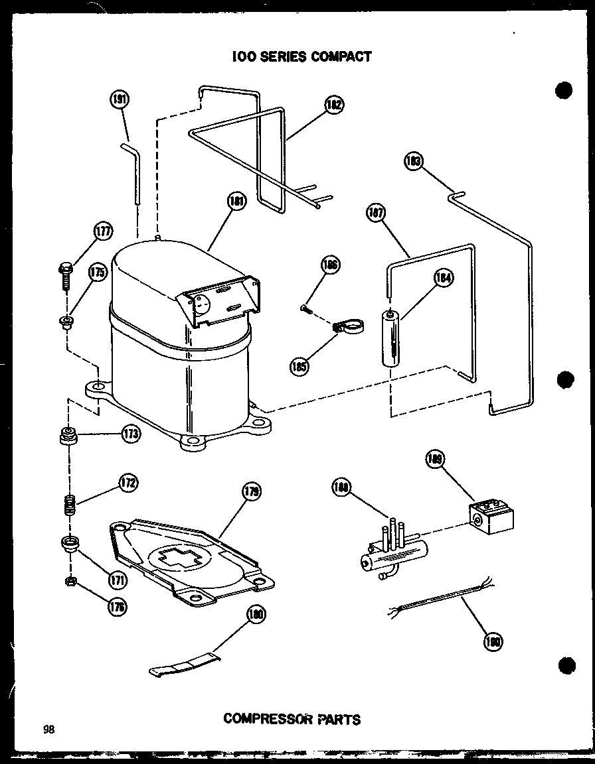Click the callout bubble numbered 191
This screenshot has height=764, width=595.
(x=120, y=100)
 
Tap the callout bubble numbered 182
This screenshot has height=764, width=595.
(x=334, y=104)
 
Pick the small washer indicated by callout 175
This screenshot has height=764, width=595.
(x=66, y=322)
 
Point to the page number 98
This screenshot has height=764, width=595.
(x=48, y=730)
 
